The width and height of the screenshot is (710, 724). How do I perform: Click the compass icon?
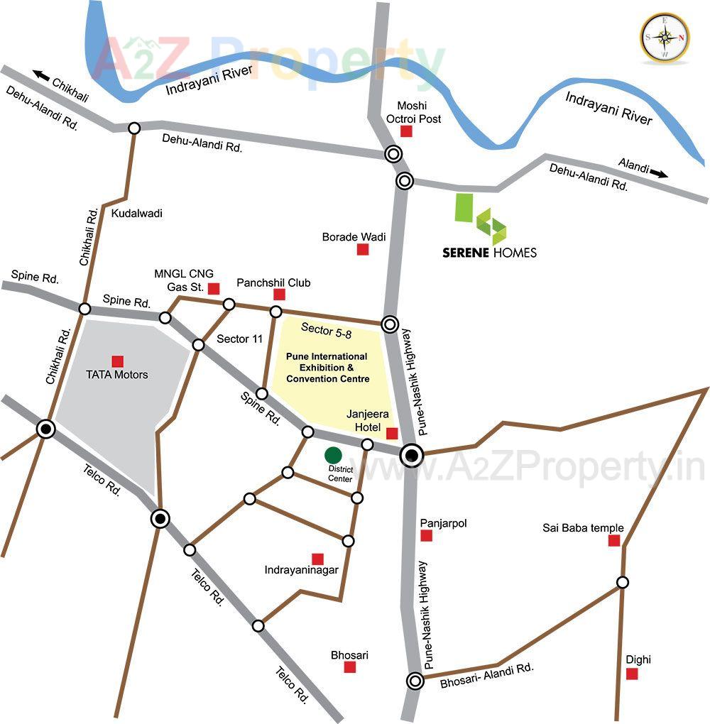coord(665,37)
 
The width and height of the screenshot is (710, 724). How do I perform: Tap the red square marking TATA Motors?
coord(117,361)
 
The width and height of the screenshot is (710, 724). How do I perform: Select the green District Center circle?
coord(333,455)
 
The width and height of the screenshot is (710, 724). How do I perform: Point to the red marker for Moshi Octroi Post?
coord(406,131)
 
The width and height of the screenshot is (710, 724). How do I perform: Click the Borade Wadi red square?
coord(362,249)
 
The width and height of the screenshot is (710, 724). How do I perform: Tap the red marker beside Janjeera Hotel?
coord(391,433)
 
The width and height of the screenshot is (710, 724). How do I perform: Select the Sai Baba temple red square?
coord(614,541)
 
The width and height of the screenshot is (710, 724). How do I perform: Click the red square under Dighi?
coord(631,674)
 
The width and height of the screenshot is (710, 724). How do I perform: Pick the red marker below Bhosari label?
coord(349,667)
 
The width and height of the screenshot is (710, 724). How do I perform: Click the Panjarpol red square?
coord(426,535)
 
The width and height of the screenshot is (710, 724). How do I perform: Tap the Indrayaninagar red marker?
coord(317,559)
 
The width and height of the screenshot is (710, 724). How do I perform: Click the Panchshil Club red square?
coord(279,295)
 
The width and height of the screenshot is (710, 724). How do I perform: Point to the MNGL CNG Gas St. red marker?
coord(213,287)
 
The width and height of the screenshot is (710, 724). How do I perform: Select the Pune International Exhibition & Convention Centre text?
coord(327,368)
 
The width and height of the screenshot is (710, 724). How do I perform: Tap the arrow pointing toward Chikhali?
coord(42,75)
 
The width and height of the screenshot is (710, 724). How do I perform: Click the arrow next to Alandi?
coord(660,173)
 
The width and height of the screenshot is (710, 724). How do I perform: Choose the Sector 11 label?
coord(240,339)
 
